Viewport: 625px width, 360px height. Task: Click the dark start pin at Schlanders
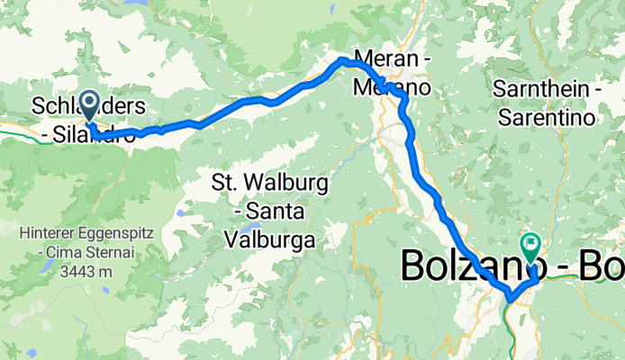(91, 103)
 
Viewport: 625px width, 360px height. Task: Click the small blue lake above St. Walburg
(180, 213)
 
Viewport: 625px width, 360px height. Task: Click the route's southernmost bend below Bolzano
(510, 298)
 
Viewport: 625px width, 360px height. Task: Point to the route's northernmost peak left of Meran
(342, 59)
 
